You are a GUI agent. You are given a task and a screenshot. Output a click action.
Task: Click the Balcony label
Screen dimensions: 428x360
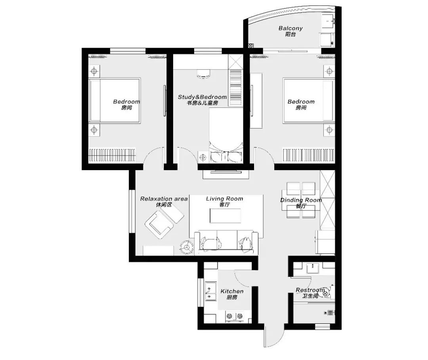(x=290, y=28)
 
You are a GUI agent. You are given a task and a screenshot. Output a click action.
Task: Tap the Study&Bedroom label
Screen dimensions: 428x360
(x=202, y=97)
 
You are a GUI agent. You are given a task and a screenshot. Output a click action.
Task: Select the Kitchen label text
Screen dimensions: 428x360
(x=232, y=291)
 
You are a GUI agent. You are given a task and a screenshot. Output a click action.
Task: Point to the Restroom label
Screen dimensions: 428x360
(x=310, y=290)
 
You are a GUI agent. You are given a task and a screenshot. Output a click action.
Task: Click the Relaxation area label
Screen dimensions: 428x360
(x=164, y=199)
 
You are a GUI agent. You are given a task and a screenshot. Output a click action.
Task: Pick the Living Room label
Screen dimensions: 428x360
(x=224, y=199)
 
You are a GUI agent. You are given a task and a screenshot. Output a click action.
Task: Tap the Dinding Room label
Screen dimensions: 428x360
(x=301, y=200)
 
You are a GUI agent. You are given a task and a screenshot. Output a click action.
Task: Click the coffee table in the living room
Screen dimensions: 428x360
(x=225, y=216)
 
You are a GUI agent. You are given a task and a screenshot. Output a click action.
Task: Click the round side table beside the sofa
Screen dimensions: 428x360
(x=187, y=247)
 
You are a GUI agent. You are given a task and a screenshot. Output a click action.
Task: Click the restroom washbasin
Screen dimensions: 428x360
(x=313, y=268)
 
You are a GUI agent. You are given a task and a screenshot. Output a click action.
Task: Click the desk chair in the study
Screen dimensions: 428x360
(x=204, y=73)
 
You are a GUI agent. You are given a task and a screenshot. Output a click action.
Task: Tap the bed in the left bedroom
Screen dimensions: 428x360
(x=115, y=100)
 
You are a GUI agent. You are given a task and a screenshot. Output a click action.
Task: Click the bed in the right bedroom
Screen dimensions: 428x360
(x=309, y=100)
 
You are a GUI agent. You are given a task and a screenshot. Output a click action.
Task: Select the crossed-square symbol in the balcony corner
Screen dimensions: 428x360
(x=251, y=46)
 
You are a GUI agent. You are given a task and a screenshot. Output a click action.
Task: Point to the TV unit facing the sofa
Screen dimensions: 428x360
(x=226, y=174)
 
